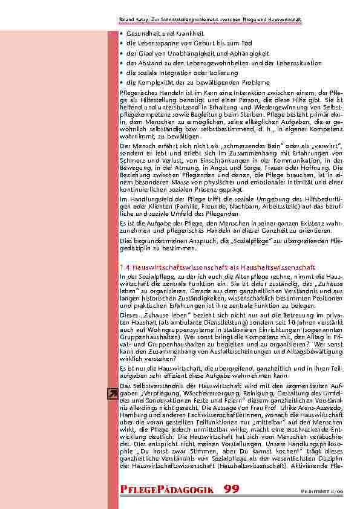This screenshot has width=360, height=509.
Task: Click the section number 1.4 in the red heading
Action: click(x=125, y=266)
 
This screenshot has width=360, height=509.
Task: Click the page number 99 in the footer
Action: click(x=231, y=488)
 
